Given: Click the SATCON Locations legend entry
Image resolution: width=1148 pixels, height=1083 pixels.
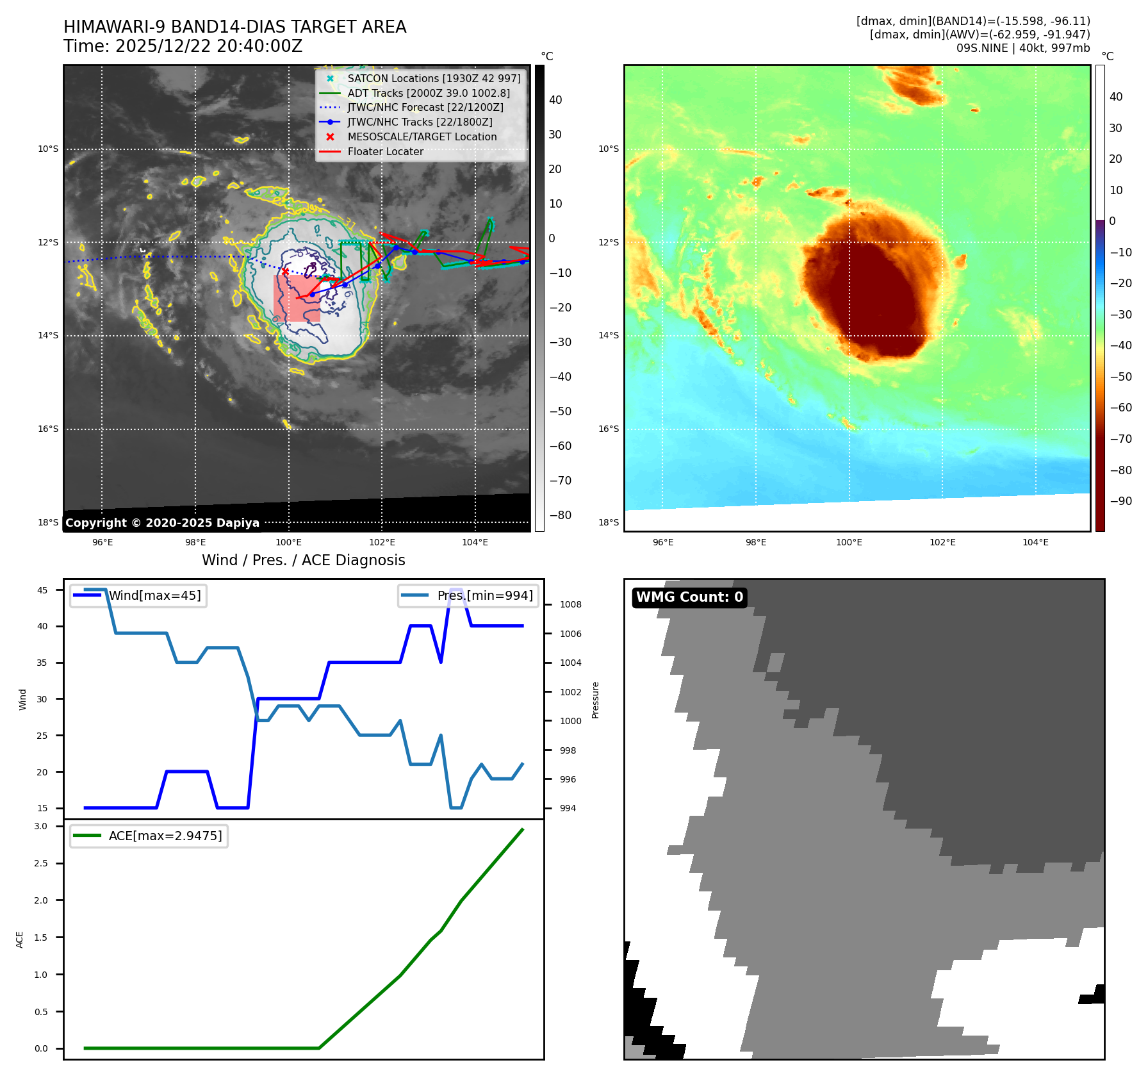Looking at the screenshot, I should pyautogui.click(x=434, y=78).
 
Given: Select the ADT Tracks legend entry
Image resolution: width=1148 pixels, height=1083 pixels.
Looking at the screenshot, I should pyautogui.click(x=429, y=93).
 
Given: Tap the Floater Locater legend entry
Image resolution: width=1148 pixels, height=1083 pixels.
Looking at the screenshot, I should pyautogui.click(x=385, y=151).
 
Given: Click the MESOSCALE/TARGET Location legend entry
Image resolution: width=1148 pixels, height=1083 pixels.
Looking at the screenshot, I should pyautogui.click(x=422, y=136).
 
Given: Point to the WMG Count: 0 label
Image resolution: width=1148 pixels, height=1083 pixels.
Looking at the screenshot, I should pyautogui.click(x=689, y=597).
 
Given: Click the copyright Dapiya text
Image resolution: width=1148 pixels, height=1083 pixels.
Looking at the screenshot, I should pyautogui.click(x=162, y=523).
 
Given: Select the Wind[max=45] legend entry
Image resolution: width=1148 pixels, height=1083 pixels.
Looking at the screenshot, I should pyautogui.click(x=154, y=595).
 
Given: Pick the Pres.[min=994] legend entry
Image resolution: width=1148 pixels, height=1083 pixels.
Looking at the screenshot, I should pyautogui.click(x=484, y=595).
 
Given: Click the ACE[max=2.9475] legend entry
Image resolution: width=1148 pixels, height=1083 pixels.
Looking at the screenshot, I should pyautogui.click(x=165, y=836).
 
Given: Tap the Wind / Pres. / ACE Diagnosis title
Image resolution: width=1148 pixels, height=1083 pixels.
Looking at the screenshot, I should pyautogui.click(x=304, y=560).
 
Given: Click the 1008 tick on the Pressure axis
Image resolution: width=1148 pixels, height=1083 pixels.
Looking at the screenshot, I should pyautogui.click(x=570, y=604).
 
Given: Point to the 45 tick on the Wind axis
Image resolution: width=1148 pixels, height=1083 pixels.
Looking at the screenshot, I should pyautogui.click(x=42, y=590).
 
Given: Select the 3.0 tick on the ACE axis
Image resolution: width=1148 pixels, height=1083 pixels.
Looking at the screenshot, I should pyautogui.click(x=41, y=827).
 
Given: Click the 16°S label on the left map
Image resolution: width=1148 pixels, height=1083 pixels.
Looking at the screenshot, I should pyautogui.click(x=48, y=429).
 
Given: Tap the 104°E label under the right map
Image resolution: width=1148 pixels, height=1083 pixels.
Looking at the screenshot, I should pyautogui.click(x=1035, y=542).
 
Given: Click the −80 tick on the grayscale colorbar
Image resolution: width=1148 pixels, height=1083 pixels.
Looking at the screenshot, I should pyautogui.click(x=560, y=515).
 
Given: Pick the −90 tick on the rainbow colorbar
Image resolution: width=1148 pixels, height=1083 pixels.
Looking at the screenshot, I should pyautogui.click(x=1120, y=501).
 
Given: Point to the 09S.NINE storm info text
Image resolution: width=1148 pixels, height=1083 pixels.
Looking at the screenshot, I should pyautogui.click(x=1022, y=48).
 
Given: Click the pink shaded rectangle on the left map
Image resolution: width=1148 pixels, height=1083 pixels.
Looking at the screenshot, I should pyautogui.click(x=297, y=299).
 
